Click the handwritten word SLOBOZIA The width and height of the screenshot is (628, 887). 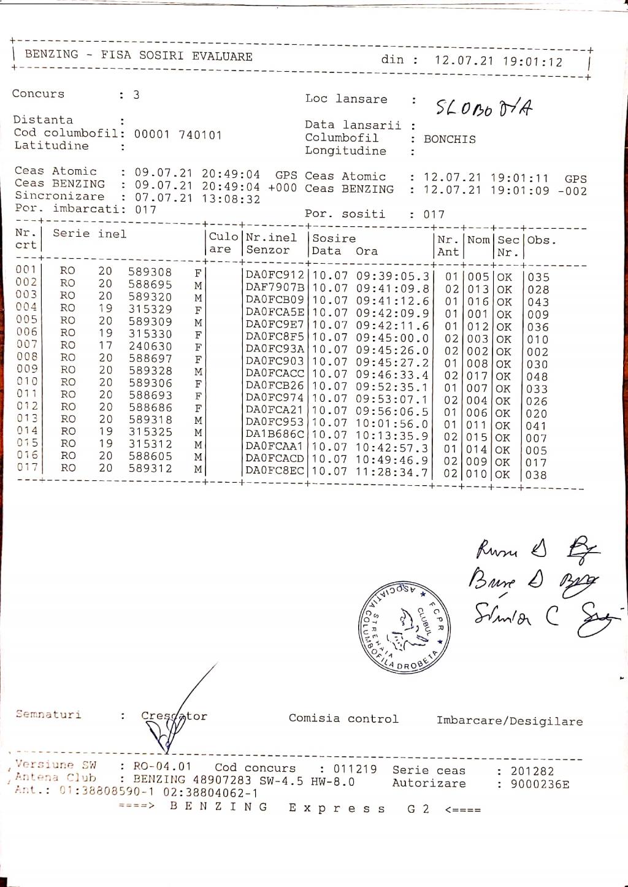(483, 108)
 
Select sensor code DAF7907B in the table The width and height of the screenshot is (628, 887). (275, 288)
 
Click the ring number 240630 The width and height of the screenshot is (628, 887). (150, 346)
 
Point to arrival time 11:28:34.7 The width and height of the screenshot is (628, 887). (392, 472)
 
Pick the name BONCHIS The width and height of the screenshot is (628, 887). (450, 139)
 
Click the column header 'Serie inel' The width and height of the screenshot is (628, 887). (90, 234)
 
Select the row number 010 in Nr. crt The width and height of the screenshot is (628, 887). (26, 381)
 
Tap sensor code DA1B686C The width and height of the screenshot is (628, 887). (275, 435)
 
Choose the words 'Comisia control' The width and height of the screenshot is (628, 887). (343, 718)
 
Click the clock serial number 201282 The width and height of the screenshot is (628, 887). (532, 771)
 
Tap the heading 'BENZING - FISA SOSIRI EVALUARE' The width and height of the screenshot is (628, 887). (139, 55)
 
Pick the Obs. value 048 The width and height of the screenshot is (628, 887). (537, 377)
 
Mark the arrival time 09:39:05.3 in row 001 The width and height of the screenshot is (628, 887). (392, 276)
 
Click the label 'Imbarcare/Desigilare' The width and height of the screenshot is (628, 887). (510, 721)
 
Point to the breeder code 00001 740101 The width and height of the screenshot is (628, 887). (178, 135)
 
